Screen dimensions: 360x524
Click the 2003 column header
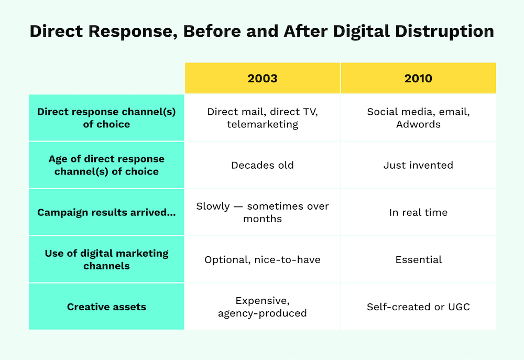(x=262, y=79)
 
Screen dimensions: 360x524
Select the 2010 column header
(x=418, y=79)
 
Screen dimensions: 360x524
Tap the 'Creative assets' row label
(x=106, y=307)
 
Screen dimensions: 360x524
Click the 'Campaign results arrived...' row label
(x=106, y=212)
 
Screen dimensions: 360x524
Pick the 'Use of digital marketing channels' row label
(x=106, y=259)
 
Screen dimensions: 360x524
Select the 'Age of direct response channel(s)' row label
(x=106, y=165)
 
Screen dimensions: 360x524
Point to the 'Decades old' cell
(x=262, y=165)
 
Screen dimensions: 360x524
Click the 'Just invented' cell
(x=418, y=165)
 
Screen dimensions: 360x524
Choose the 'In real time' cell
(x=418, y=212)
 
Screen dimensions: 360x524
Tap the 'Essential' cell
(x=418, y=259)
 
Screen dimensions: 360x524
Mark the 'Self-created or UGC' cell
(x=418, y=307)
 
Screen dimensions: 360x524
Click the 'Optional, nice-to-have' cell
(x=262, y=259)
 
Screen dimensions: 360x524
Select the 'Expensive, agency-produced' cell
(x=262, y=307)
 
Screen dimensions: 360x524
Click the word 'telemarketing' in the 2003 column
(x=262, y=124)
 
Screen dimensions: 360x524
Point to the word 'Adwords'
(x=418, y=124)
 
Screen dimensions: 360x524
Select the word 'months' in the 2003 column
(x=262, y=219)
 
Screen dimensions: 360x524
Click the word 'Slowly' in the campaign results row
(x=213, y=206)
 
